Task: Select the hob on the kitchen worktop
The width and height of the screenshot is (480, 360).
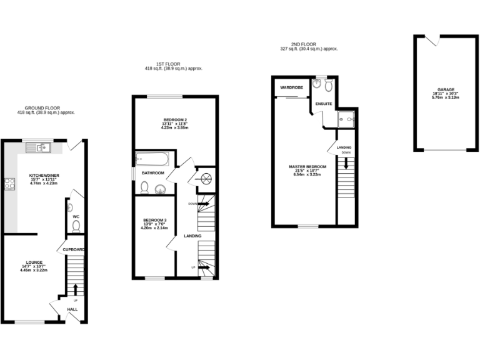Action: (x=10, y=184)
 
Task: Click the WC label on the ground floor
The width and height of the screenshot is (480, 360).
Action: (x=76, y=217)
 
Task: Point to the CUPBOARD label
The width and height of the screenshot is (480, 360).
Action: (x=74, y=249)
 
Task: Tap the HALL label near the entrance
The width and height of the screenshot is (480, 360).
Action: (x=72, y=309)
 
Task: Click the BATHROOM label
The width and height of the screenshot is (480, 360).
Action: (x=152, y=172)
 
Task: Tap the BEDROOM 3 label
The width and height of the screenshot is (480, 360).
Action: (x=155, y=220)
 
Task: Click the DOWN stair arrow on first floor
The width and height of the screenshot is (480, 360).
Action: (x=202, y=203)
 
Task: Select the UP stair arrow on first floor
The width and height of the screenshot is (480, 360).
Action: (x=203, y=267)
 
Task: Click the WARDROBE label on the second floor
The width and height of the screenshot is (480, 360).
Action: (x=292, y=87)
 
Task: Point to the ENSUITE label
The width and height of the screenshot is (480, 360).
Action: (x=324, y=104)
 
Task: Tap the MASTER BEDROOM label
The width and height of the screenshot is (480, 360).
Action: (x=306, y=167)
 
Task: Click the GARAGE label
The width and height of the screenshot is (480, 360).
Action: (x=446, y=89)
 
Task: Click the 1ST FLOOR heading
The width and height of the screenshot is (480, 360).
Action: (x=174, y=64)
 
